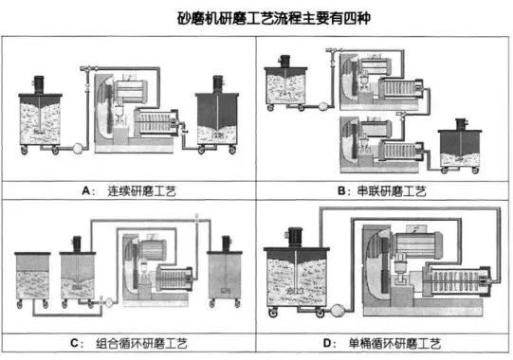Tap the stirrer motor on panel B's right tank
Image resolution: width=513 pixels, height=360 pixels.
(463, 125)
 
